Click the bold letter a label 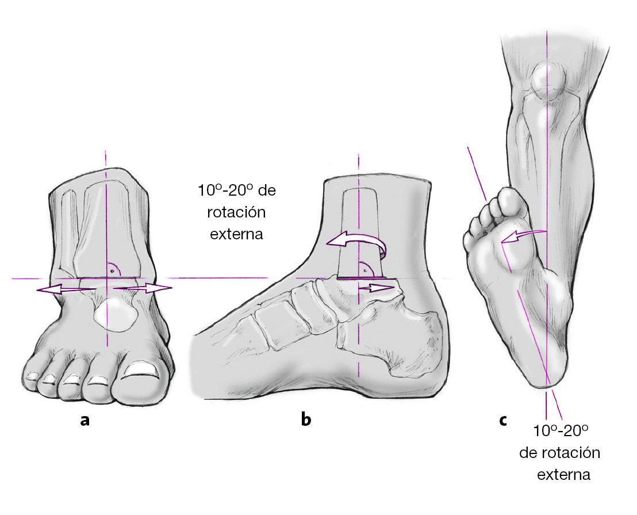point(85,420)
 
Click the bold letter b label point(306,420)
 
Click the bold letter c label point(503,420)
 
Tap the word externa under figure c point(563,475)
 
